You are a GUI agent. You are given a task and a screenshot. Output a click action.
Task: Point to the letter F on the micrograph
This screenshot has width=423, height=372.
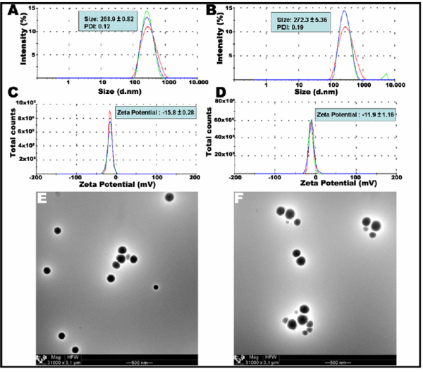(x=243, y=200)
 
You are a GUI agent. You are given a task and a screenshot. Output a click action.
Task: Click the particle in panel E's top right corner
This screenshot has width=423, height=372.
(x=169, y=197)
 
